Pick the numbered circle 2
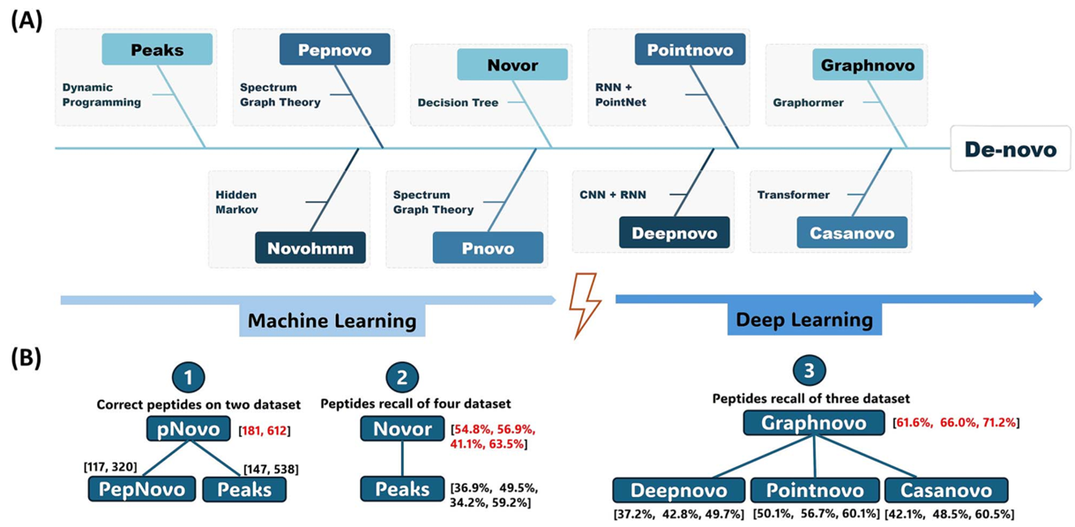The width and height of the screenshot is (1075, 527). (401, 379)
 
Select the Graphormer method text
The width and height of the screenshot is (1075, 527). (808, 102)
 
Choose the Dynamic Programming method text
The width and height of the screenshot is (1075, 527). (101, 94)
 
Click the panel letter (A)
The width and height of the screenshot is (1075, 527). (26, 19)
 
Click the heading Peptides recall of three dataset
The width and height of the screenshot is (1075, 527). (810, 398)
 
